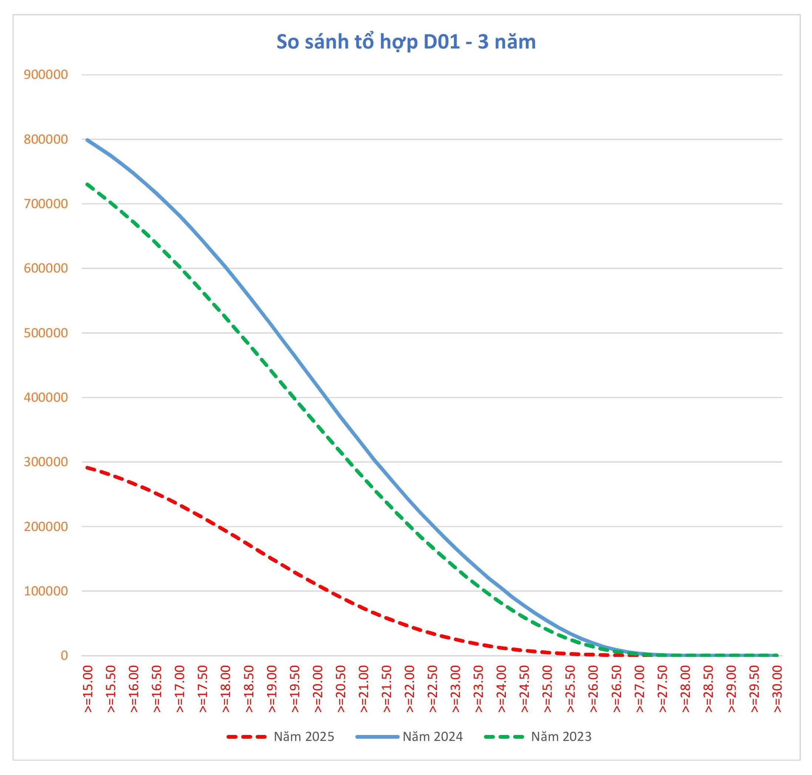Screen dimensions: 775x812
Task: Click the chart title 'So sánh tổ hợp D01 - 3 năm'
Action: point(405,42)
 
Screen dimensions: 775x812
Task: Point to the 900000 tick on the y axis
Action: point(46,75)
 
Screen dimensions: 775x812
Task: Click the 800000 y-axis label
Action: point(46,139)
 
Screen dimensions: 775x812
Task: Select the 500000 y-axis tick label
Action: point(46,333)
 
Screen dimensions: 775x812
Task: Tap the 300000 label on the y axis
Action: point(46,462)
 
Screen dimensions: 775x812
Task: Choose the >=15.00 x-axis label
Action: point(88,689)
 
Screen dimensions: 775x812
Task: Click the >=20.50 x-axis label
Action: point(341,689)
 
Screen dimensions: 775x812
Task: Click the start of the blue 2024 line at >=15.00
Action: point(87,140)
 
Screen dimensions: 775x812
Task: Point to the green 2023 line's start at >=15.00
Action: point(87,184)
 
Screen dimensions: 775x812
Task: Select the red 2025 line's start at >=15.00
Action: point(87,468)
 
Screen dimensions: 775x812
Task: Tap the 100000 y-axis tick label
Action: point(46,591)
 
